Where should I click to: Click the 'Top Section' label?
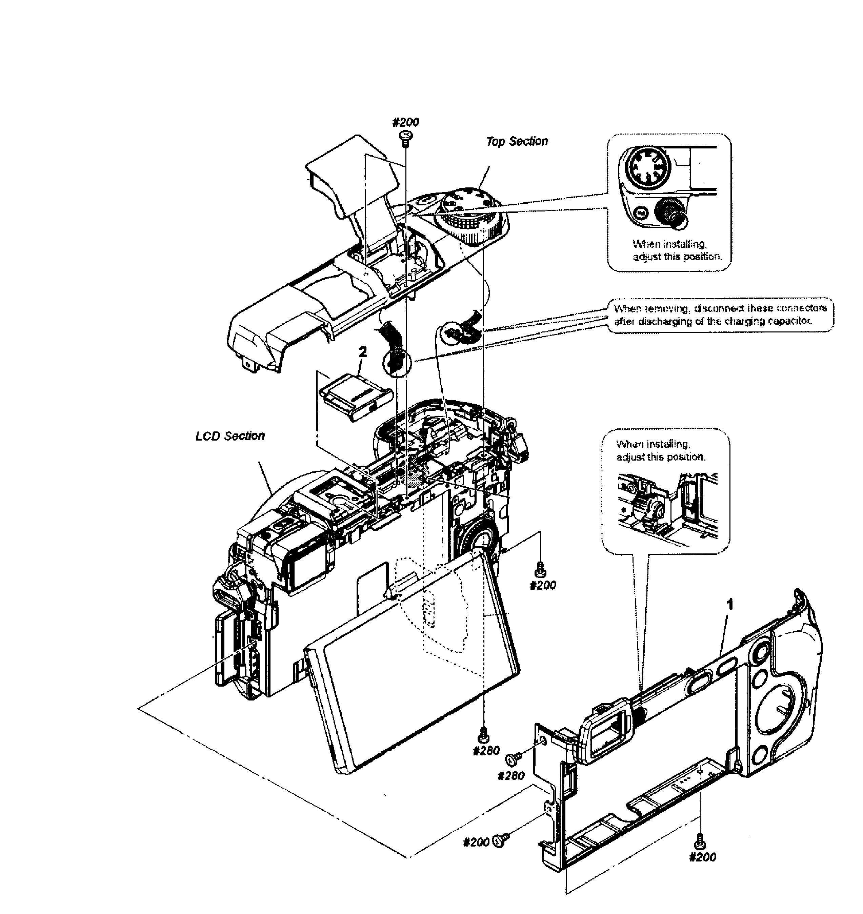pos(517,141)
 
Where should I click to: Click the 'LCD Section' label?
pos(230,435)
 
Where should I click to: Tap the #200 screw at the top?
pos(405,136)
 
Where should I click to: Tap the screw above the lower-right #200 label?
pos(700,840)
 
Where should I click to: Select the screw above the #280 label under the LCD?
pos(483,735)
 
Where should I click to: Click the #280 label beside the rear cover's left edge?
pos(510,776)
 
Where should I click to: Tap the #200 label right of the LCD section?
pos(543,585)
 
